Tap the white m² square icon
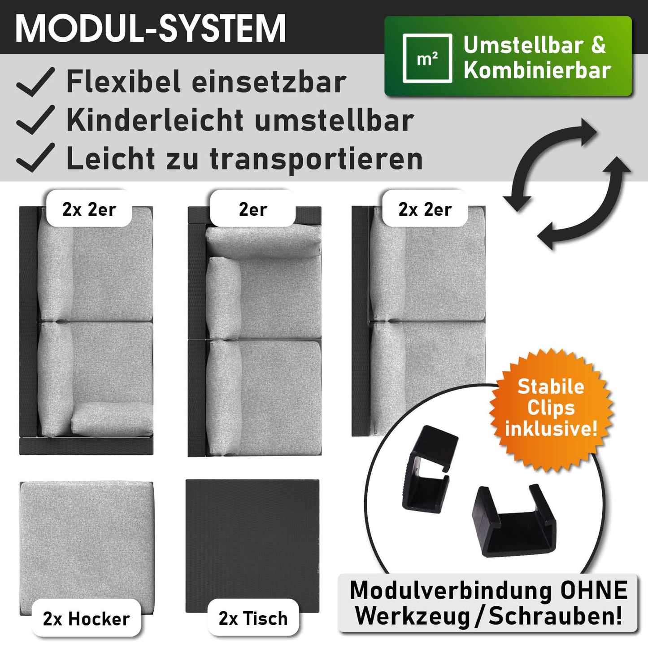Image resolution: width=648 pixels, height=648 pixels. point(427,58)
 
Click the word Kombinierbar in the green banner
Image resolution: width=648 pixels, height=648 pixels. point(537,70)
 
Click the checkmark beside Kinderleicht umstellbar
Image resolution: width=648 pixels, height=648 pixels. point(35,120)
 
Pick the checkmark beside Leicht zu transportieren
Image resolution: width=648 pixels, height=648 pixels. point(35,157)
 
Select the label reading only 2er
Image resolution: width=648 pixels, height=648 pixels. point(253,209)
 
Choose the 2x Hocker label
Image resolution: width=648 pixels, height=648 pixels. point(87,619)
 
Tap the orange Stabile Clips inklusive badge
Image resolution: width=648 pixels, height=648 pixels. point(551,408)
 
